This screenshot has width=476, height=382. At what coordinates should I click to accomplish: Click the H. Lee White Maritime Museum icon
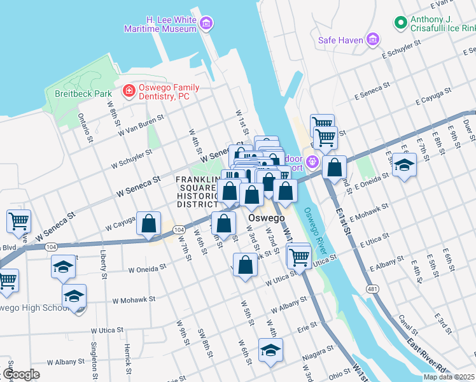click(206, 24)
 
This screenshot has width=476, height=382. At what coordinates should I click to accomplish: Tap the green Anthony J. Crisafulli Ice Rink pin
click(400, 24)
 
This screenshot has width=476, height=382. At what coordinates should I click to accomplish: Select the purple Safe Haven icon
click(374, 40)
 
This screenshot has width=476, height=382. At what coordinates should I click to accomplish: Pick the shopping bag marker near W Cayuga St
click(148, 224)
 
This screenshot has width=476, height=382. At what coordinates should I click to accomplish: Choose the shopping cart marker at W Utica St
click(298, 257)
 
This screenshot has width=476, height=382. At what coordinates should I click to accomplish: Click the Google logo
click(20, 374)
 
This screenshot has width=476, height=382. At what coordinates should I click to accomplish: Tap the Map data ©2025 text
click(448, 377)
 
